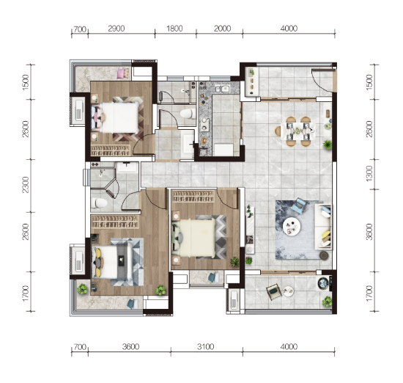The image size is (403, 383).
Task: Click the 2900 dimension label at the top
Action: tap(117, 29)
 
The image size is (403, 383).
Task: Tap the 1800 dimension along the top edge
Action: tap(174, 29)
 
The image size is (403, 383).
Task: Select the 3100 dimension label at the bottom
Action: tap(205, 347)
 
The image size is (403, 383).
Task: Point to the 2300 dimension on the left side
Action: tap(26, 185)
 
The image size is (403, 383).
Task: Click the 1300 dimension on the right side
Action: tap(369, 173)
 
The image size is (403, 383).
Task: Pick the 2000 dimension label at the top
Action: tap(222, 29)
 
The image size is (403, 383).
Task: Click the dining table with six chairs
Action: tap(295, 131)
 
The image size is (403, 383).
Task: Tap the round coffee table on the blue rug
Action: tap(292, 226)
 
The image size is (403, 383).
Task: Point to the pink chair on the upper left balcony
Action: tap(123, 73)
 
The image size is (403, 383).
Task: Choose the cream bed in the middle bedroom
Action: tap(194, 238)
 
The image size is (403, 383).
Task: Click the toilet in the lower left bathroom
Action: tap(99, 203)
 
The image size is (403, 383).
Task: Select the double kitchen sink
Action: tap(222, 89)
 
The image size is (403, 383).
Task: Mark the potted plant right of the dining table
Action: tap(328, 145)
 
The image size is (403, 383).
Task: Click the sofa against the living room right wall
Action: tap(323, 227)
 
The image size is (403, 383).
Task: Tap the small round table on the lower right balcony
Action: tap(289, 291)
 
